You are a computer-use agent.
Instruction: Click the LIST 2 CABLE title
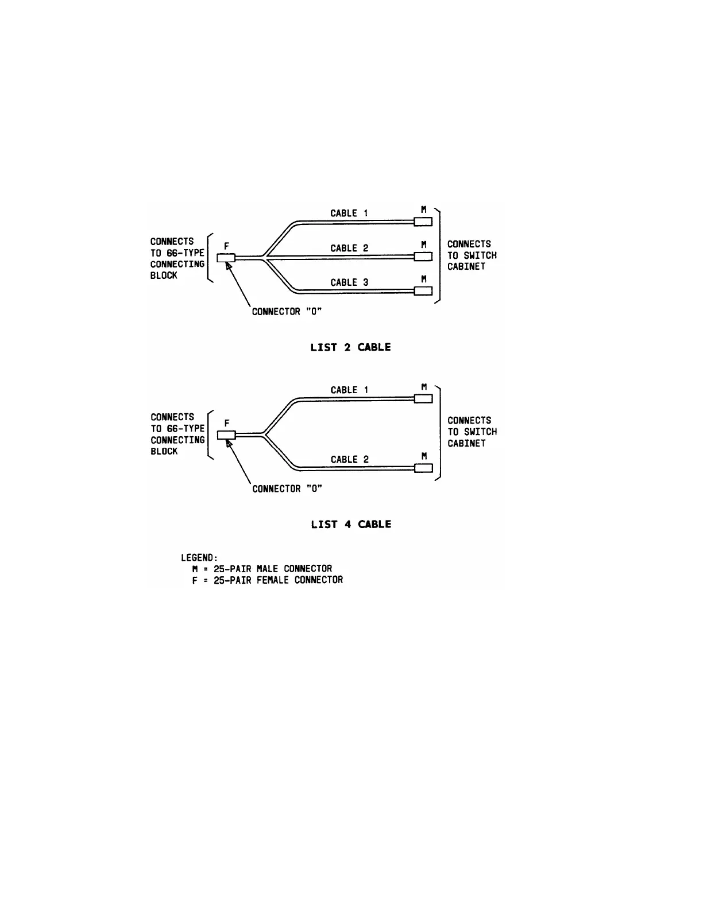click(350, 347)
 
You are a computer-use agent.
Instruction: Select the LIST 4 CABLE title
click(351, 524)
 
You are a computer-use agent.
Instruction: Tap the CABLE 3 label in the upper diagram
click(349, 282)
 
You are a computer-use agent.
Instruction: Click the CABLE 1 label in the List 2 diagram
click(349, 213)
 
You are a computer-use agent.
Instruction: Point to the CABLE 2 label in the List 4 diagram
click(349, 459)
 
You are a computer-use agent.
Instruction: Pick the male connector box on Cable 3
click(423, 290)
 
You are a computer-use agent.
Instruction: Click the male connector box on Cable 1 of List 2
click(423, 222)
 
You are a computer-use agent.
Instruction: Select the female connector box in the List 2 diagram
click(226, 258)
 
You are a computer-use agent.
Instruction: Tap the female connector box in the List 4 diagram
click(226, 434)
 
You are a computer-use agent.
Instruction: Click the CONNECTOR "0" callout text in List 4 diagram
click(287, 488)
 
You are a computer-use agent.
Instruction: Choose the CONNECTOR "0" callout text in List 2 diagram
click(287, 312)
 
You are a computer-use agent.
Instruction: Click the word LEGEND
click(199, 557)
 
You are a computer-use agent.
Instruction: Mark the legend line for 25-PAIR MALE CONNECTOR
click(262, 569)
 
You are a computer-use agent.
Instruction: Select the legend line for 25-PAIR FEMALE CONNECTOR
click(268, 580)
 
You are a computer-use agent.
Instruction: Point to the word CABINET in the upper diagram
click(466, 266)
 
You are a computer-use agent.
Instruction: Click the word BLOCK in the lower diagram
click(164, 451)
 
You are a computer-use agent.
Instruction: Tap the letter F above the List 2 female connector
click(226, 246)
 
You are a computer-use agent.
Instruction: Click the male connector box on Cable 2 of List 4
click(423, 468)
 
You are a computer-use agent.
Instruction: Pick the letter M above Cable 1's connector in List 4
click(424, 387)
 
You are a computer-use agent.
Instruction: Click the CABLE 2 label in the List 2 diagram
click(349, 248)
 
